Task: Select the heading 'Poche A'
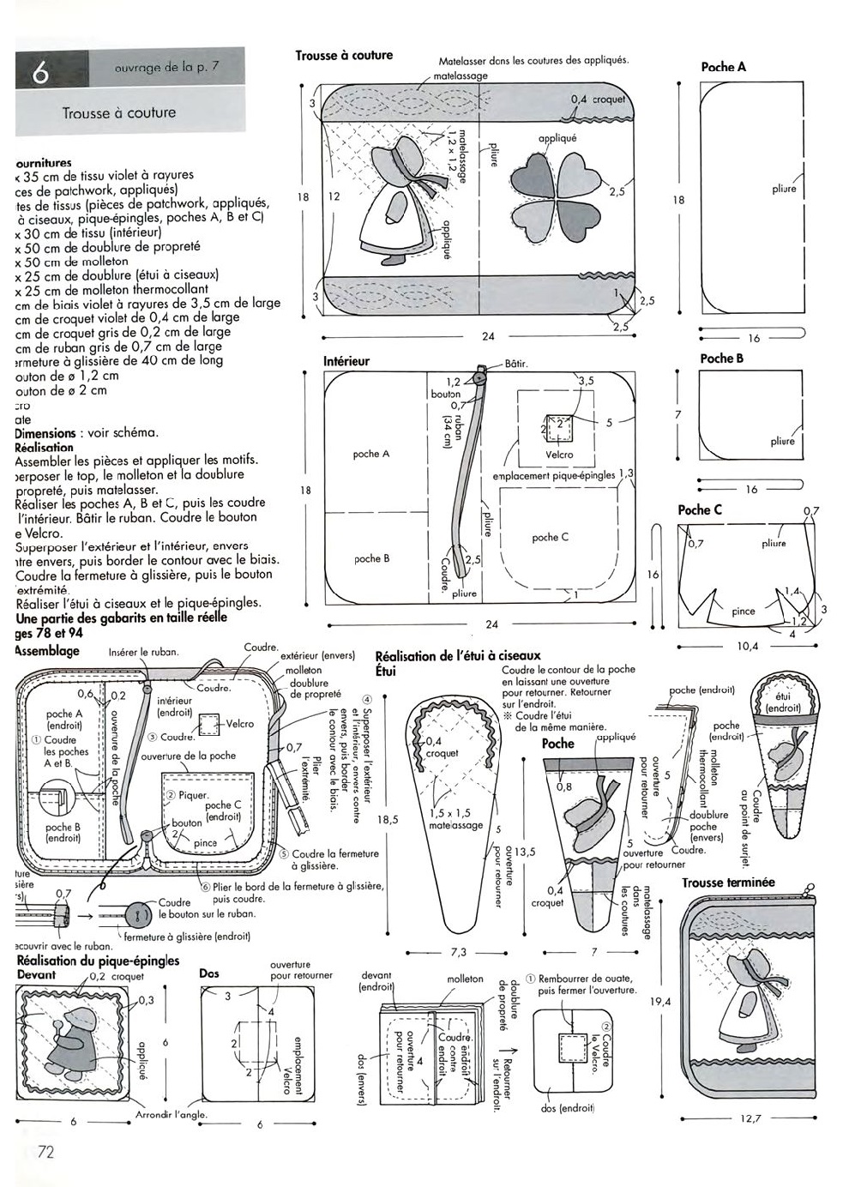pos(723,67)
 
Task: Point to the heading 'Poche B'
pos(721,359)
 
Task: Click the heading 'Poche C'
pos(700,509)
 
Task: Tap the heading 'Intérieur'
pos(346,361)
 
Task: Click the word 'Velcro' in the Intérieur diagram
pos(559,455)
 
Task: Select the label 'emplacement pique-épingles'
pos(554,475)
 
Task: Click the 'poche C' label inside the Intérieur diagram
pos(550,538)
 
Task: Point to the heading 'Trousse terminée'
pos(728,882)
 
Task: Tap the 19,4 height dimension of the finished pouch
pos(660,1001)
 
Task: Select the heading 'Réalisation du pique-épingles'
pos(98,961)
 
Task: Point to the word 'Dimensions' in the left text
pos(44,433)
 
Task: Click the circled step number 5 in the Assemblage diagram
pos(284,853)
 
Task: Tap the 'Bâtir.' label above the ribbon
pos(516,364)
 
